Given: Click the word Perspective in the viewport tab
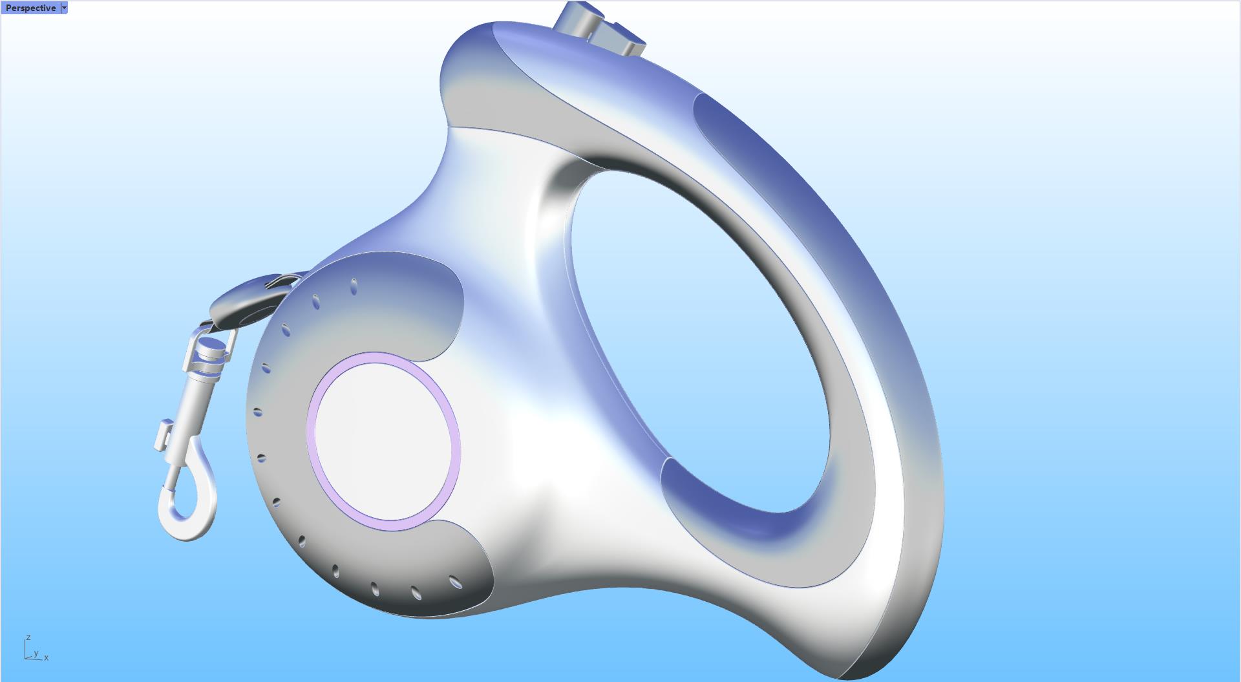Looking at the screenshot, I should (x=30, y=8).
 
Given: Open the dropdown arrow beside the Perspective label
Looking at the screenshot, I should (x=64, y=8).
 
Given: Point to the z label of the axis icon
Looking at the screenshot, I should (x=28, y=638).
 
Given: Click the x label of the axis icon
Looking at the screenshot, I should (x=47, y=658).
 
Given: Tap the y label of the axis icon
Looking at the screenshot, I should (x=36, y=654).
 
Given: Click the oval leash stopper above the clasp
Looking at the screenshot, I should (x=246, y=300).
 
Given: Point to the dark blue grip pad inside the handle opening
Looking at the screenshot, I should (x=743, y=511).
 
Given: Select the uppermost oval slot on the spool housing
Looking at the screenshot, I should (x=354, y=287).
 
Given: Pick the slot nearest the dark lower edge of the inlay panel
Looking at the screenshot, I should (x=455, y=582).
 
